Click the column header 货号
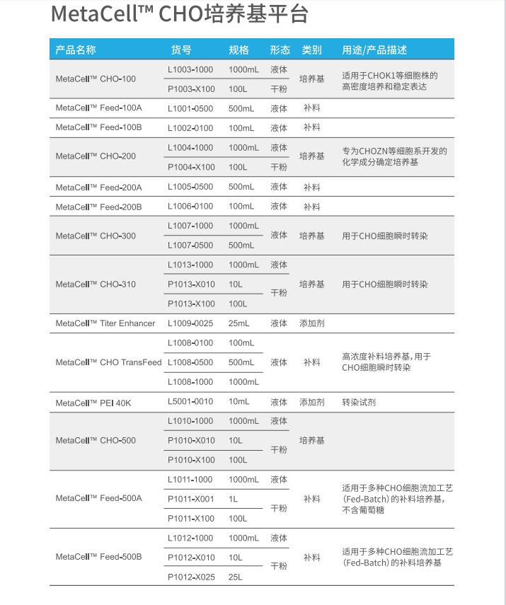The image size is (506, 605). pyautogui.click(x=181, y=50)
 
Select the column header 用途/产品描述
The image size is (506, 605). pyautogui.click(x=374, y=50)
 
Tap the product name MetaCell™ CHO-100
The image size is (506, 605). pyautogui.click(x=96, y=79)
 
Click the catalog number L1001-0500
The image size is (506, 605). pyautogui.click(x=190, y=109)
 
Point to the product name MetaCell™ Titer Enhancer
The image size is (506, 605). pyautogui.click(x=105, y=323)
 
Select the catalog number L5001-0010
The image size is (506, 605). pyautogui.click(x=190, y=402)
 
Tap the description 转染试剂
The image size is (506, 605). pyautogui.click(x=359, y=402)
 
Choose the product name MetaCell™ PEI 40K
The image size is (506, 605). pyautogui.click(x=93, y=403)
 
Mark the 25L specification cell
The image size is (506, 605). pyautogui.click(x=236, y=577)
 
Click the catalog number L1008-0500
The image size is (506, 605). pyautogui.click(x=190, y=362)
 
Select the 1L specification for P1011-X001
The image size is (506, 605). pyautogui.click(x=234, y=499)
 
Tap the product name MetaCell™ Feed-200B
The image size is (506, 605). pyautogui.click(x=99, y=207)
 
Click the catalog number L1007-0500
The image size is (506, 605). pyautogui.click(x=190, y=246)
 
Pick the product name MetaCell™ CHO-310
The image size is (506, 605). pyautogui.click(x=96, y=284)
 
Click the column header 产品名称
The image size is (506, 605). pyautogui.click(x=76, y=50)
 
